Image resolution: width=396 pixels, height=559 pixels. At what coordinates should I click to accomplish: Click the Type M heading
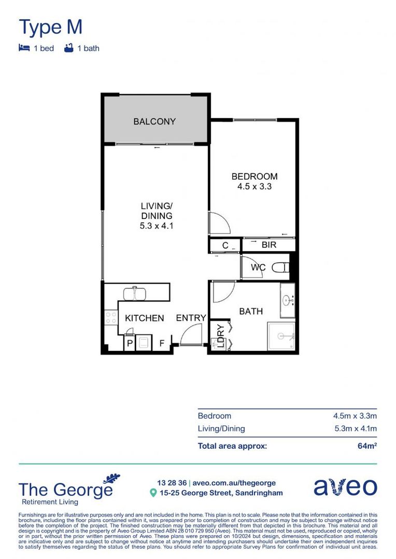[50, 26]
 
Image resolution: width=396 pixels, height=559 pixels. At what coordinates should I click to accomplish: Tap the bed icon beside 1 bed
[24, 48]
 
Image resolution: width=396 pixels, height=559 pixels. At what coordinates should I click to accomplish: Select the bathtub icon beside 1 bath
[68, 48]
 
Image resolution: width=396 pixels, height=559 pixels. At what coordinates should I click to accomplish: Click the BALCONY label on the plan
[154, 122]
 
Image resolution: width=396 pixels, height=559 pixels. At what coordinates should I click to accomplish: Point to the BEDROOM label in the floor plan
[254, 176]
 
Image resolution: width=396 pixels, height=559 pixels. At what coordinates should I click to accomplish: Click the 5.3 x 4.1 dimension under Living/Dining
[156, 226]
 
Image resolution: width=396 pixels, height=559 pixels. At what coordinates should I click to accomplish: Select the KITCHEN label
[145, 318]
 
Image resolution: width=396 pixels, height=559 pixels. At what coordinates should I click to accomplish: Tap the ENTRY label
[191, 318]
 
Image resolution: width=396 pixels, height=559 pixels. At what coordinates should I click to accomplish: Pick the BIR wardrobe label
[269, 245]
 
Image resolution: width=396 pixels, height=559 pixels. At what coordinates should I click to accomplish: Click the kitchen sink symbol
[135, 293]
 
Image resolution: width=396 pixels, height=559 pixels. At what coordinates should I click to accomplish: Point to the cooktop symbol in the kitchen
[110, 317]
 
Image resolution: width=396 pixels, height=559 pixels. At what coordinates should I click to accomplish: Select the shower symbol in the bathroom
[281, 336]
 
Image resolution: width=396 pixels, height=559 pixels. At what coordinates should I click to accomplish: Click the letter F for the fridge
[162, 343]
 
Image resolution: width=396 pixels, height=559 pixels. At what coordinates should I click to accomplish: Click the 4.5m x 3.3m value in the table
[355, 416]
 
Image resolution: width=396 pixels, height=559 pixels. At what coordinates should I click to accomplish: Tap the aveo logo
[345, 487]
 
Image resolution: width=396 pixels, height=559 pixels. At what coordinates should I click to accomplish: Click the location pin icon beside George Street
[153, 493]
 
